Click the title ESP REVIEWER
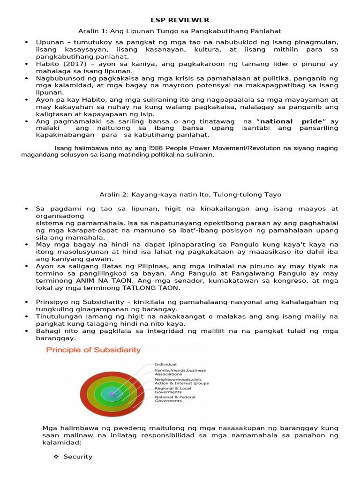tap(180, 20)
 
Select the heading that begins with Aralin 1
tap(180, 31)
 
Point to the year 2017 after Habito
tap(66, 63)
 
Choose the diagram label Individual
tap(165, 364)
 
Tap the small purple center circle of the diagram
tap(112, 395)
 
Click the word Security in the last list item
tap(78, 457)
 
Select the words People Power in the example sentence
tap(166, 148)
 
